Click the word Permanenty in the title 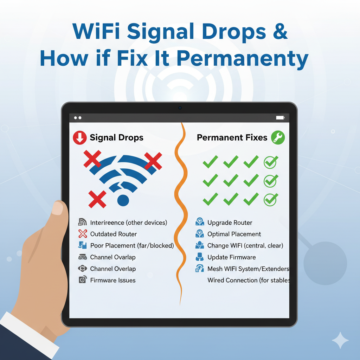coord(243,59)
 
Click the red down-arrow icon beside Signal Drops coord(80,138)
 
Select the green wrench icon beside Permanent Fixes coord(278,137)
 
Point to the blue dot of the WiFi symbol coord(123,200)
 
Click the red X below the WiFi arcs coord(97,199)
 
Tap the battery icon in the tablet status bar coord(280,118)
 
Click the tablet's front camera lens coord(180,108)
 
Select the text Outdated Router coord(114,234)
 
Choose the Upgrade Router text coord(230,223)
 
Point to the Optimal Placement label coord(234,234)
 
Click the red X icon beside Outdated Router coord(83,234)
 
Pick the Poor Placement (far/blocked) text coord(132,246)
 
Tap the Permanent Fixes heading coord(232,137)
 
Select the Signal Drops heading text coord(116,138)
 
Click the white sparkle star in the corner coord(340,340)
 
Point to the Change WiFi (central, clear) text coord(245,246)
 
